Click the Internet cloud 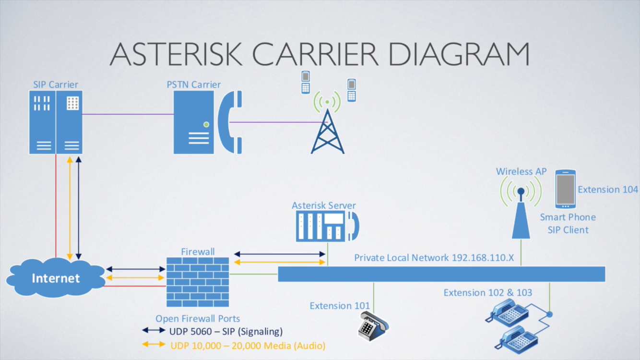tap(56, 278)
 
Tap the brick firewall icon tap(198, 282)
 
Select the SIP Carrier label tap(56, 84)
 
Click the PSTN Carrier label tap(194, 84)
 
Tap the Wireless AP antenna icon tap(521, 211)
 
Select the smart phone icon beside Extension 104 tap(565, 189)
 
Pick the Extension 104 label tap(608, 190)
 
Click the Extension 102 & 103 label tap(487, 293)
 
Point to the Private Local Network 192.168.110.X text tap(434, 258)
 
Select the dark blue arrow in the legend tap(154, 331)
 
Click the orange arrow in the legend tap(154, 344)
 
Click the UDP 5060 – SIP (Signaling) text tap(226, 331)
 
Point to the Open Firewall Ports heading tap(198, 319)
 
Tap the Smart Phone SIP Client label tap(568, 223)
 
